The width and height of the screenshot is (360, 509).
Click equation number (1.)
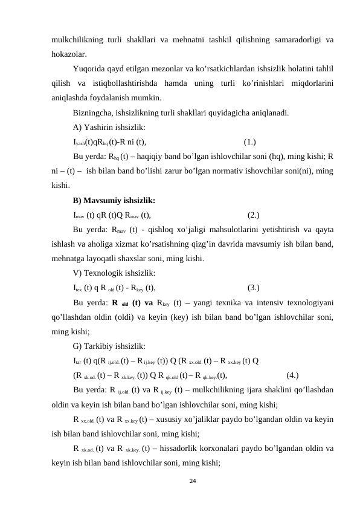coord(250,142)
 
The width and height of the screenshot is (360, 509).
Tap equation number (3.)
coord(254,287)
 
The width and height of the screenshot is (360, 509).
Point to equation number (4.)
coord(292,374)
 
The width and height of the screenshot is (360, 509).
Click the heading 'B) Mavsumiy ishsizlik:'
coord(114,200)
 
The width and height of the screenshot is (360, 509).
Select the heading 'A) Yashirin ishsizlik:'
coord(109,128)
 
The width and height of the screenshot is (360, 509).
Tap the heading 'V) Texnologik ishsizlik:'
coord(114,273)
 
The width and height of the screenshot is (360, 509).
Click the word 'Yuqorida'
coord(90,68)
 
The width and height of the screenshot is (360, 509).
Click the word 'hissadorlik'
coord(182,449)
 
